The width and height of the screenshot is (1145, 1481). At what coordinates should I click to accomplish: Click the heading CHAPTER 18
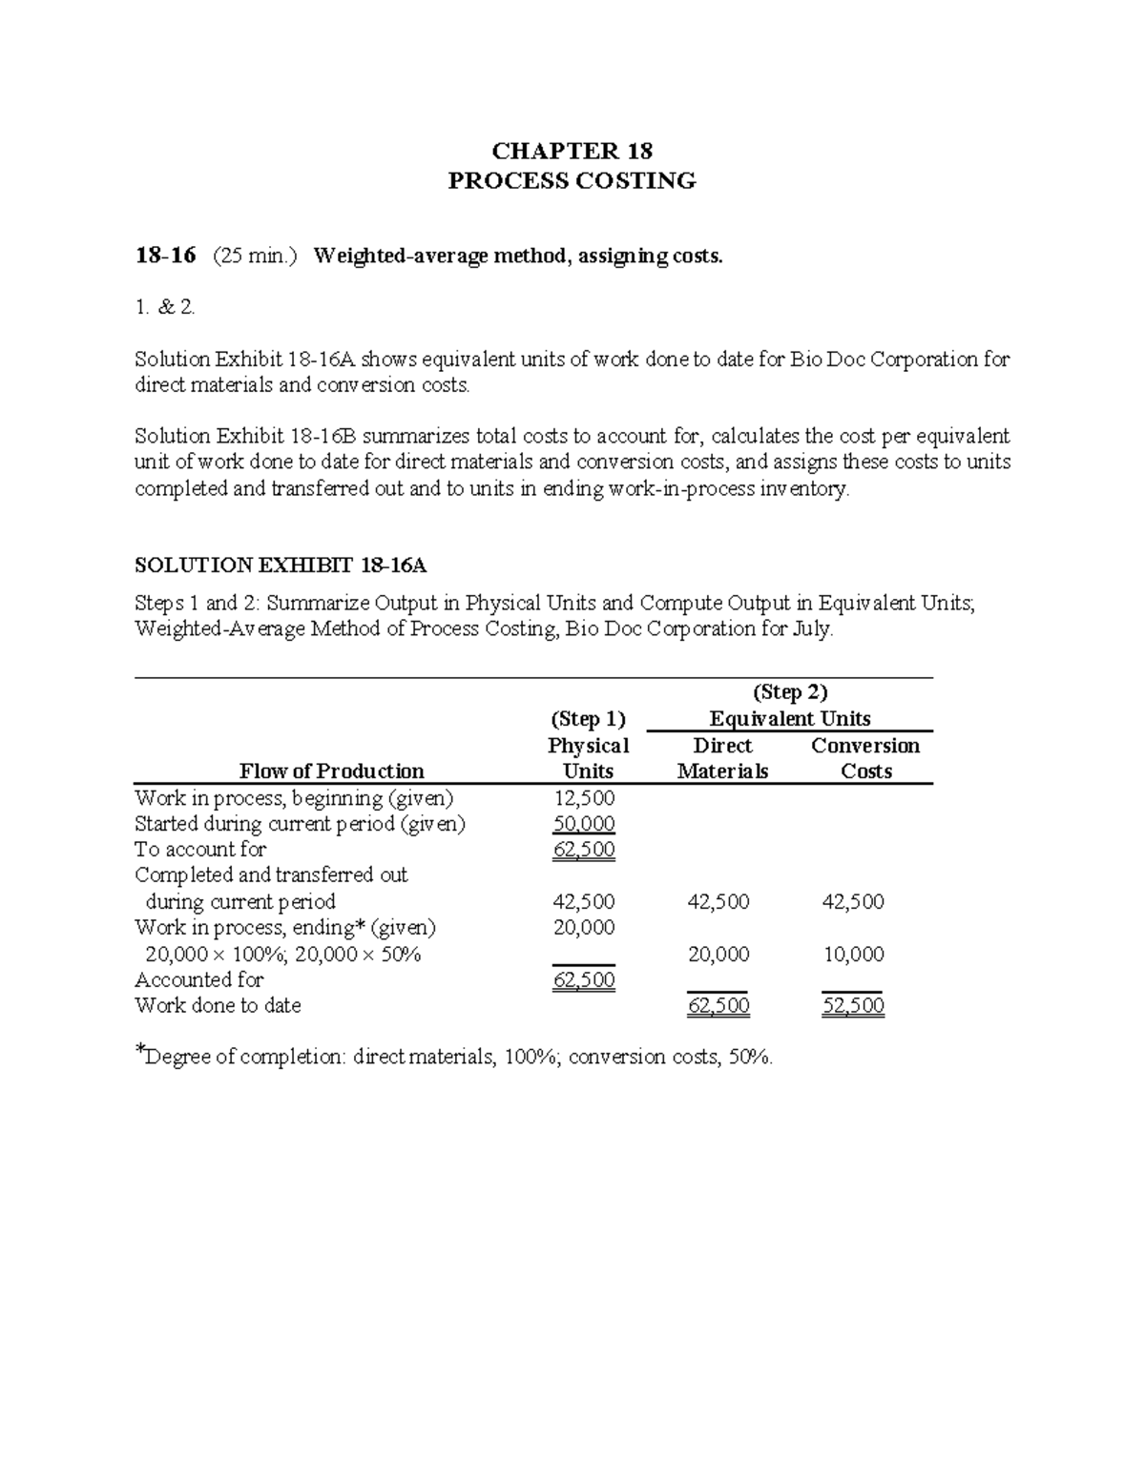tap(572, 151)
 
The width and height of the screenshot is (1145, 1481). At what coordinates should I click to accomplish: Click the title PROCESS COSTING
tap(572, 181)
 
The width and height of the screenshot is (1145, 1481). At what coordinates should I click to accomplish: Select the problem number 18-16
tap(165, 256)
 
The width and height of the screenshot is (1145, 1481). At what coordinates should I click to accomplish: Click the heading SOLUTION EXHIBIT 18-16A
tap(281, 566)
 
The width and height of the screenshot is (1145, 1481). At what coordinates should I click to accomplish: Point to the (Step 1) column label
tap(588, 719)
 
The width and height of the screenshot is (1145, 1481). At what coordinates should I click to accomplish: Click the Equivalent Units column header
tap(789, 719)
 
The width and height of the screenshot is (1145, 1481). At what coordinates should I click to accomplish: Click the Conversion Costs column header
tap(865, 758)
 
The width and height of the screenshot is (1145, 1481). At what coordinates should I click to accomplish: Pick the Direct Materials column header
tap(722, 758)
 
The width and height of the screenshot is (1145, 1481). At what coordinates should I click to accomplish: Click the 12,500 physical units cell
tap(584, 798)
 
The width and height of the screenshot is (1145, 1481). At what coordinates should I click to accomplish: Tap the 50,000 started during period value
tap(584, 824)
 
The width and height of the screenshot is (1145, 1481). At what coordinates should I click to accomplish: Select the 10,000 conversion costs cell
tap(853, 955)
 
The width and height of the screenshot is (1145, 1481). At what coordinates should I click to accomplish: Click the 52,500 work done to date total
tap(853, 1006)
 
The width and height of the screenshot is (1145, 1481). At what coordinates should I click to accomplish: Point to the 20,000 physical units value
tap(584, 928)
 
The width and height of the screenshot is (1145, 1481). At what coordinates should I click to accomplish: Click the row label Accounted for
tap(199, 980)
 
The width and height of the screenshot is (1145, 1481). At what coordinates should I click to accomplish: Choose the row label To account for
tap(200, 850)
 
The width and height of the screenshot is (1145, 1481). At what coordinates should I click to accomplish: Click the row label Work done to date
tap(218, 1006)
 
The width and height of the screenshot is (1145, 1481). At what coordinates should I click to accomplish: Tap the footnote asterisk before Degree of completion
tap(139, 1052)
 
